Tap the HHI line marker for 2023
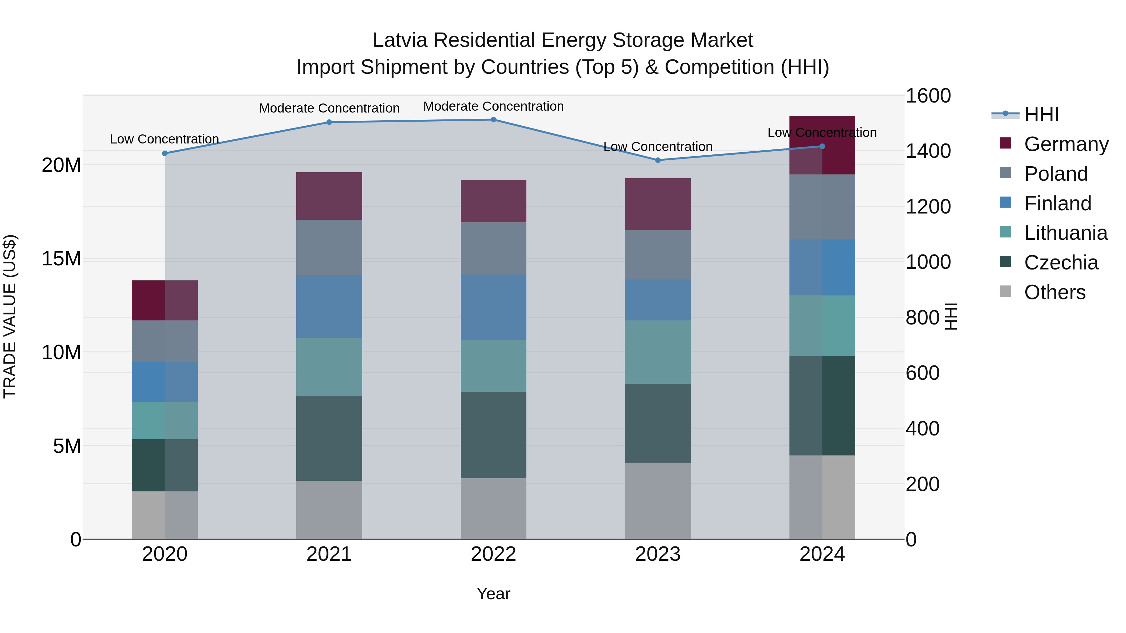point(658,160)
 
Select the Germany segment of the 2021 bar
point(329,196)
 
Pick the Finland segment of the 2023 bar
point(658,300)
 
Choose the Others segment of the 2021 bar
point(329,510)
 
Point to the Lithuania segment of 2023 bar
point(658,352)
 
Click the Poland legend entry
point(1056,174)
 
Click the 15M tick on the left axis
point(61,259)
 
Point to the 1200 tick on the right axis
point(928,207)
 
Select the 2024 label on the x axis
point(822,554)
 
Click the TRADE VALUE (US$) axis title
point(10,316)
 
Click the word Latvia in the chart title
point(399,40)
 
